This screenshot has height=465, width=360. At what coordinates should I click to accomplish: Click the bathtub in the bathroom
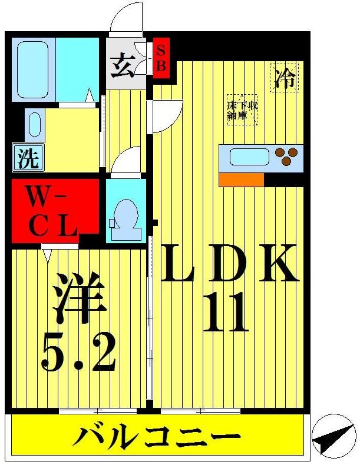coord(33,69)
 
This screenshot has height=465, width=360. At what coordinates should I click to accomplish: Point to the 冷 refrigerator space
coord(285,78)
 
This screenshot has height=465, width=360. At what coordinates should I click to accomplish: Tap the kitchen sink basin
coord(249,157)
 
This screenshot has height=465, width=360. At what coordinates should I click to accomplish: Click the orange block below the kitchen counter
coord(241,180)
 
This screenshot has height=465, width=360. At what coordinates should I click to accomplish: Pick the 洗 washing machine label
coord(27,159)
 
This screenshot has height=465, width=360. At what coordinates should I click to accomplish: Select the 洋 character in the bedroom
coord(78,297)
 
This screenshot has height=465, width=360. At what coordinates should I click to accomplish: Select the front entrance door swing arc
coord(126,18)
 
